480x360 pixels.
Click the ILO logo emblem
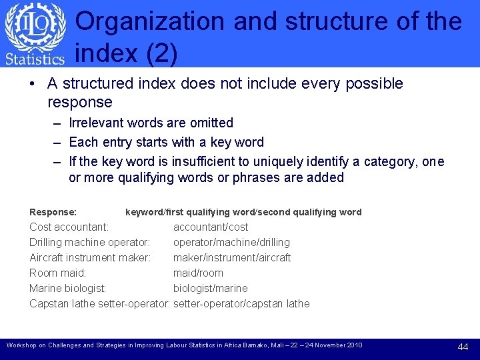pos(35,27)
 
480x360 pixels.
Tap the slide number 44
pos(463,347)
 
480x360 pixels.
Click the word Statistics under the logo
pos(35,59)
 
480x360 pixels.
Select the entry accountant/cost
pos(211,227)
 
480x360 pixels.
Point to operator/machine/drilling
pos(231,243)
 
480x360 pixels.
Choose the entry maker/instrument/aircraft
pos(232,258)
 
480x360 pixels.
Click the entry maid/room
pos(198,273)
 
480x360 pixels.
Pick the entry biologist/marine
pos(210,289)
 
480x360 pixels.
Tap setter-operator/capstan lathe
pos(241,304)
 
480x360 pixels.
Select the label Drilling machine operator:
pos(89,243)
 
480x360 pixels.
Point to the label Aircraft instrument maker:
pos(90,258)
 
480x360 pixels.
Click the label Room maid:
pos(58,273)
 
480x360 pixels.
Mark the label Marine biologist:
pos(68,289)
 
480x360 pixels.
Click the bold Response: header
pos(53,212)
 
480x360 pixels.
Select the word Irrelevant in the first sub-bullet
pos(95,123)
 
